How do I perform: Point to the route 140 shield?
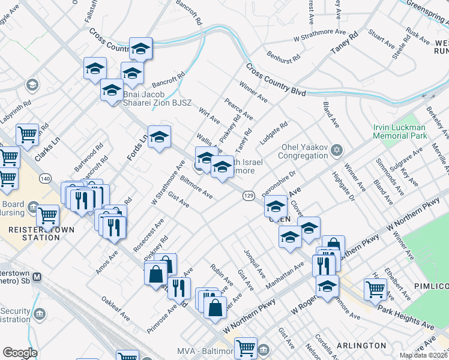(44, 178)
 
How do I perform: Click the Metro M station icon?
(37, 277)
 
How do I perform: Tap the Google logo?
(20, 353)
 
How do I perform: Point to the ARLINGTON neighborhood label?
(361, 346)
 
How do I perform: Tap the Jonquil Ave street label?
(253, 263)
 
